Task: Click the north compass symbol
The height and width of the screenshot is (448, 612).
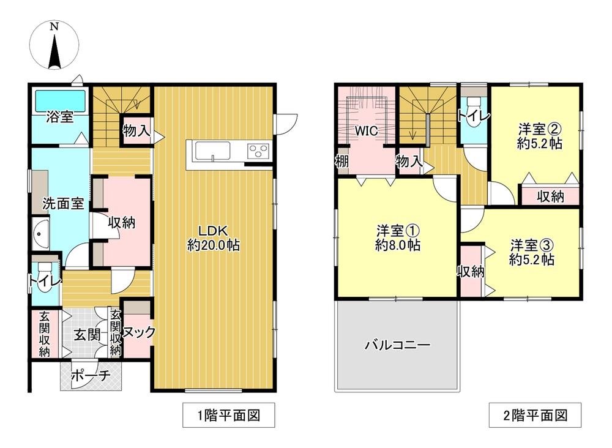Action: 54,45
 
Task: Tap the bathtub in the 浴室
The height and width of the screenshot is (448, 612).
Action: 59,100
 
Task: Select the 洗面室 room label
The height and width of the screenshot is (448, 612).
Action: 63,204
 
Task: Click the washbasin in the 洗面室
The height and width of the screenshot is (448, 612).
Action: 40,235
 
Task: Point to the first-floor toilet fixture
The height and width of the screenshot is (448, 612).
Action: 45,271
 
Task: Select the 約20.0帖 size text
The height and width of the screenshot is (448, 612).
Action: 213,245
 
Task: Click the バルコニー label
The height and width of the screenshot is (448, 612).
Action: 397,345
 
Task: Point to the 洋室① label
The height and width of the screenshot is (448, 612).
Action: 397,231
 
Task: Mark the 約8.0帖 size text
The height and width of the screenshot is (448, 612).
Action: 397,245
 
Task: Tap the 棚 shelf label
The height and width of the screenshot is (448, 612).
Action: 341,161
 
